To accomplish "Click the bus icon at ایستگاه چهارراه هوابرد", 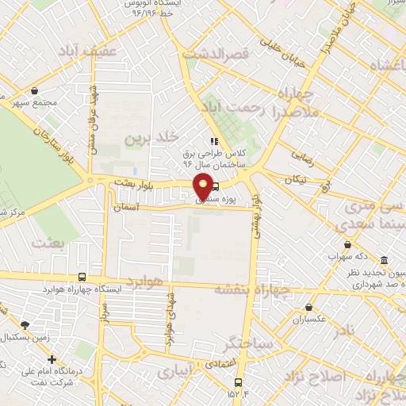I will pyautogui.click(x=82, y=278).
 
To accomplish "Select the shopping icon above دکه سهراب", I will pyautogui.click(x=346, y=246).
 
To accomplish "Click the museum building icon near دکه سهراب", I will pyautogui.click(x=384, y=261).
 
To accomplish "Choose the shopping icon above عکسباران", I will pyautogui.click(x=308, y=308).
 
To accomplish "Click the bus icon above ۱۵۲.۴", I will pyautogui.click(x=237, y=381).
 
